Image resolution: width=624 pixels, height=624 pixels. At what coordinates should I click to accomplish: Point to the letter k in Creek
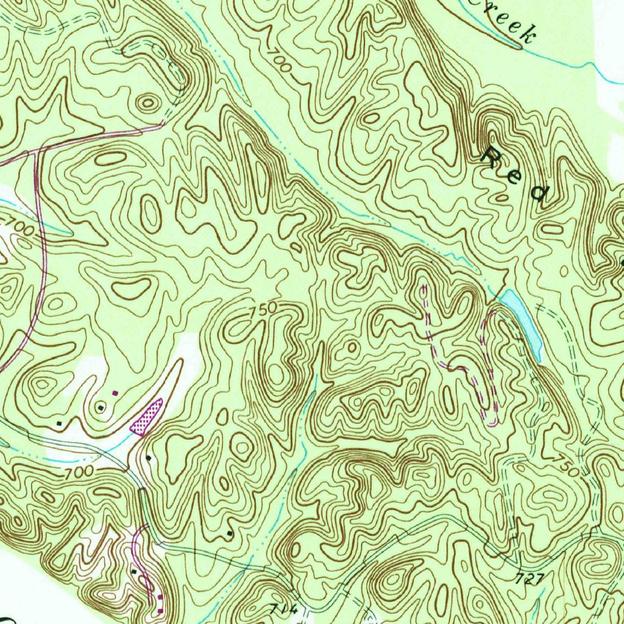point(525,35)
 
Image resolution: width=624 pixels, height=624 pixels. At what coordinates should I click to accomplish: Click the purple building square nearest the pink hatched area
point(115,394)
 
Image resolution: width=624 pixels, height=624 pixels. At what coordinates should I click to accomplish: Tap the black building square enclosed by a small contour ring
point(101,406)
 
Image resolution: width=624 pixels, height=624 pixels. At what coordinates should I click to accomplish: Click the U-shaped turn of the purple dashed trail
point(492,421)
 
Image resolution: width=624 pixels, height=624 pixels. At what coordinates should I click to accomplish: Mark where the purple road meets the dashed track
point(163,124)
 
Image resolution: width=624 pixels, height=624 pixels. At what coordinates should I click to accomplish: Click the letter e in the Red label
point(516,175)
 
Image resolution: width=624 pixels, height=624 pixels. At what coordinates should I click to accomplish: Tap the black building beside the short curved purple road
point(133,571)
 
